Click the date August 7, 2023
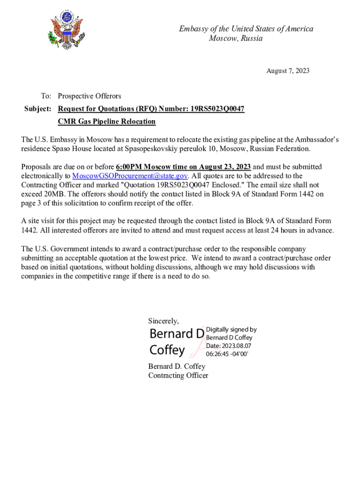tap(288, 71)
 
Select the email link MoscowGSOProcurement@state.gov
tap(130, 176)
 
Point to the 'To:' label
tap(46, 96)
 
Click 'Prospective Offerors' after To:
tap(89, 96)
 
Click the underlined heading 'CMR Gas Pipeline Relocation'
tap(107, 122)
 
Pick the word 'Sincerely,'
tap(164, 321)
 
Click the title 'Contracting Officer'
tap(178, 375)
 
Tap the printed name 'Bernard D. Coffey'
tap(177, 366)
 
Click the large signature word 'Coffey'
tap(167, 349)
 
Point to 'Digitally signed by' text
tap(231, 329)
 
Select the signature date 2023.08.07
tap(239, 345)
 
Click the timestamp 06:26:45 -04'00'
tap(227, 354)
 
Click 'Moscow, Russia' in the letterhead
tap(236, 38)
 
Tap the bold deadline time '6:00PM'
tap(129, 167)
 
